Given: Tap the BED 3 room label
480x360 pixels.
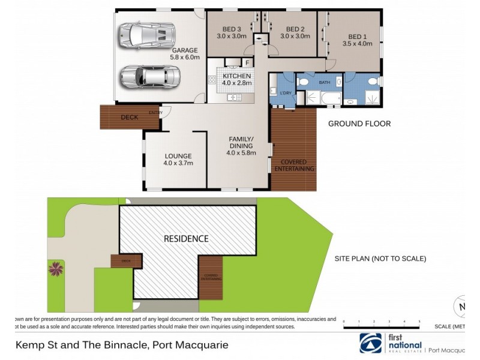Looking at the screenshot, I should (x=231, y=29).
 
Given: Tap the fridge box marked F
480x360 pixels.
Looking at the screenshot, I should (x=247, y=62).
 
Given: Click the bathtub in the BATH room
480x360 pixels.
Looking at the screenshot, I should (x=328, y=98).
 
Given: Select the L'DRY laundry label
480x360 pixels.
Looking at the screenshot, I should (x=285, y=93).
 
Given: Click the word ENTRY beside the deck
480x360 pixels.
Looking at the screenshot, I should (x=155, y=112).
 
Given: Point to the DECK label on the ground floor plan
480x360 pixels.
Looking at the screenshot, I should (x=129, y=118).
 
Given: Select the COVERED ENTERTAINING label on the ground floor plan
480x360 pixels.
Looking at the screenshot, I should (x=294, y=166).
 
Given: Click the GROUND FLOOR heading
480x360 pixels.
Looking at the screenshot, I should (x=359, y=124).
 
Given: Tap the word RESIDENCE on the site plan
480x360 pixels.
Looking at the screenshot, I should (x=186, y=238).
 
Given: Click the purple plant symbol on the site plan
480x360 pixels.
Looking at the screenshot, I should (x=56, y=268).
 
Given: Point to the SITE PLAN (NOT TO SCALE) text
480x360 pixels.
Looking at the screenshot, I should (x=380, y=259).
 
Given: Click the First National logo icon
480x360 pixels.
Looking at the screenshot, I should (x=370, y=343).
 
